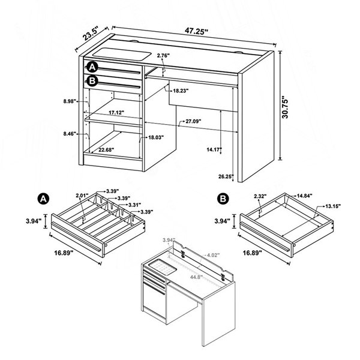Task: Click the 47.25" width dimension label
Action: click(x=196, y=31)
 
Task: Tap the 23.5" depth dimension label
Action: click(x=91, y=33)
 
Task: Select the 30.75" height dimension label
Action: click(x=285, y=107)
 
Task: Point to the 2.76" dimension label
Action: click(x=163, y=56)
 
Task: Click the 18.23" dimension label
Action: click(x=181, y=91)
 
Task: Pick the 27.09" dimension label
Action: click(x=194, y=121)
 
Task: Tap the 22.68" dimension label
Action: click(x=106, y=149)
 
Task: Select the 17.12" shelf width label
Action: click(x=116, y=113)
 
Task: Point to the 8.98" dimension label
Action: click(x=70, y=101)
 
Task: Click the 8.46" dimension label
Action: click(x=70, y=133)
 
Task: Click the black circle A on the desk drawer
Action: click(x=92, y=67)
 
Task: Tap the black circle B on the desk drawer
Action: click(x=92, y=81)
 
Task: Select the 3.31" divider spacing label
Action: click(x=135, y=205)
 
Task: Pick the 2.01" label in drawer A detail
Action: click(x=82, y=196)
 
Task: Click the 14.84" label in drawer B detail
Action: click(x=305, y=196)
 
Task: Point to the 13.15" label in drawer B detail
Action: click(x=333, y=206)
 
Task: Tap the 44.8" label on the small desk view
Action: click(x=196, y=277)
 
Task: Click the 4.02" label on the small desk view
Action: click(x=213, y=255)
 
